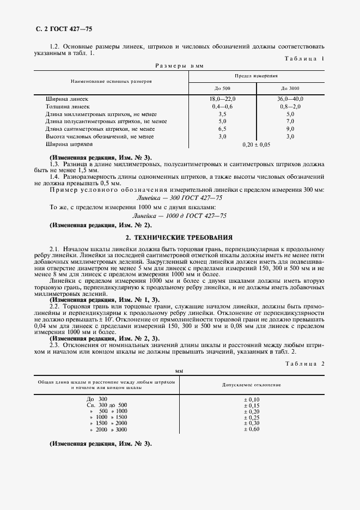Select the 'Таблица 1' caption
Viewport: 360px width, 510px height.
click(304, 58)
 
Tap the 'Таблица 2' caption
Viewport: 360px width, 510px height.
click(304, 363)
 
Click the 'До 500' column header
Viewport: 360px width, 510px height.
click(222, 88)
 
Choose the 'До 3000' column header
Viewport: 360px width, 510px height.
click(290, 88)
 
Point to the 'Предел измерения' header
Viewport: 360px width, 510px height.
click(256, 76)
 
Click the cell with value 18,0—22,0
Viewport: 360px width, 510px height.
click(222, 99)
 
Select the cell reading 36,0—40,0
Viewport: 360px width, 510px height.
click(290, 99)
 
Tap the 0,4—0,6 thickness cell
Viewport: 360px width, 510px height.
click(222, 107)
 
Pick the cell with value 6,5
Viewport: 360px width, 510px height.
click(222, 130)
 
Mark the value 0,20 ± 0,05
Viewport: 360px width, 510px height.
click(256, 145)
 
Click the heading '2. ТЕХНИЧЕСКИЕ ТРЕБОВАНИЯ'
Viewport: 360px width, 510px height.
click(179, 238)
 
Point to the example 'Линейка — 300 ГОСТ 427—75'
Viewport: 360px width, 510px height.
click(179, 197)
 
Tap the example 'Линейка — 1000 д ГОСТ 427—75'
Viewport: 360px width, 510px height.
click(179, 216)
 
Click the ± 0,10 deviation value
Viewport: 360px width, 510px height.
click(252, 399)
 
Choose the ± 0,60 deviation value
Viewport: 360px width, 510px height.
click(252, 430)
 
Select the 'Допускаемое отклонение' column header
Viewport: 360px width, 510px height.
click(252, 385)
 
